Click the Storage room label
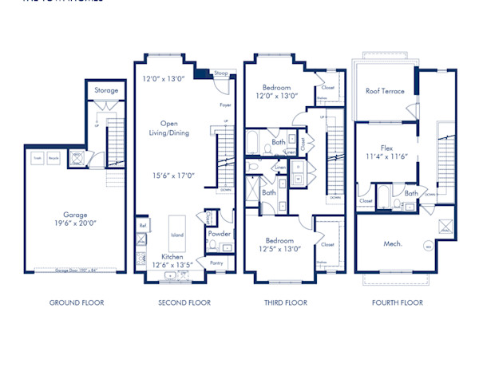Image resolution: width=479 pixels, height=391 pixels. (x=106, y=90)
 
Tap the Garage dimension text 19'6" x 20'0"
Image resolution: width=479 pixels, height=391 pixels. (x=77, y=224)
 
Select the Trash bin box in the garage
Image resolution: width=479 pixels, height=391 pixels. (x=37, y=157)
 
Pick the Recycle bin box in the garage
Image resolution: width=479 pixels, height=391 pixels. (x=53, y=157)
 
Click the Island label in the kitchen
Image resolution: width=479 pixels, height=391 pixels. (x=177, y=235)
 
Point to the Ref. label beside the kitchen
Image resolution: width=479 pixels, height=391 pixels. (x=143, y=226)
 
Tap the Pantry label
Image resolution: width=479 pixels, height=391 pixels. (x=216, y=262)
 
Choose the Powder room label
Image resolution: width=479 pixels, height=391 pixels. (x=219, y=234)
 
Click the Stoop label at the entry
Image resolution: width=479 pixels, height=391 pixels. (x=220, y=73)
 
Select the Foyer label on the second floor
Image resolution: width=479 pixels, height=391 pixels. (x=224, y=105)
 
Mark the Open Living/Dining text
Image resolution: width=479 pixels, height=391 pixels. (x=169, y=128)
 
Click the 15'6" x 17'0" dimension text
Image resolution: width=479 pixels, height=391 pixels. (x=169, y=176)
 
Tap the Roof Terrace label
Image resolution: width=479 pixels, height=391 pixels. (x=385, y=91)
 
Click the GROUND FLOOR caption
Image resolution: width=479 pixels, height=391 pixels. (x=77, y=302)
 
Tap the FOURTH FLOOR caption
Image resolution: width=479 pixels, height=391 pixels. (x=398, y=302)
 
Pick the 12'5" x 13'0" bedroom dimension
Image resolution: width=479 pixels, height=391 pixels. (x=279, y=248)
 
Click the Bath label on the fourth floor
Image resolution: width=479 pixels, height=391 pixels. (x=410, y=193)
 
